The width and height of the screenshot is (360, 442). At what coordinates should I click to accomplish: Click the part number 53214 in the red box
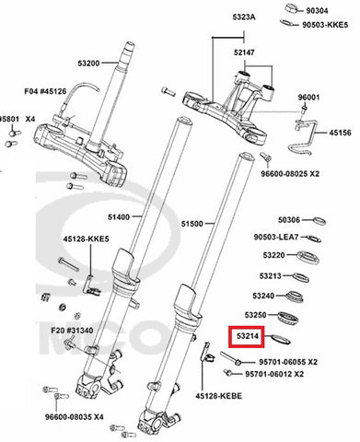tap(248, 336)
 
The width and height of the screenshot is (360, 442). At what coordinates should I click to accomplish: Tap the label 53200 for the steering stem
tap(88, 64)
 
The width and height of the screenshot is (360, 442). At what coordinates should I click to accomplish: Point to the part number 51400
tap(119, 217)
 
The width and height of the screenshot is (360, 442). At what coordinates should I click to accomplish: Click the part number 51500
tap(192, 224)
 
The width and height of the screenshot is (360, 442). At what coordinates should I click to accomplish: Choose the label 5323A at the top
tap(244, 17)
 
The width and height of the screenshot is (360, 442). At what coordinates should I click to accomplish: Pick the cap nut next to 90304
tap(293, 8)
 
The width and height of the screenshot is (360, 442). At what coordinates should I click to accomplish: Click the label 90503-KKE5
tap(325, 25)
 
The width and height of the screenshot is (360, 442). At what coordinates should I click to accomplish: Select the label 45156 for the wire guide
tap(341, 133)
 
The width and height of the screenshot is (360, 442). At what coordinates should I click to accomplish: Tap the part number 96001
tap(308, 98)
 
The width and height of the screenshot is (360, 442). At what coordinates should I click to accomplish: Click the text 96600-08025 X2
tap(290, 174)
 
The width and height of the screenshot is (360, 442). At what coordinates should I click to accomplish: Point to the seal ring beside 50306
tap(319, 221)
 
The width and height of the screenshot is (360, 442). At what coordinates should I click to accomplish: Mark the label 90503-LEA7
tap(276, 238)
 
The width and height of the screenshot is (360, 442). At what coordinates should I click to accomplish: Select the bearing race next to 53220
tap(308, 257)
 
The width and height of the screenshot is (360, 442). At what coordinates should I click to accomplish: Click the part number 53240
tap(263, 296)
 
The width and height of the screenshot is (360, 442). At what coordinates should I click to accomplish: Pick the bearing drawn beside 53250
tap(288, 318)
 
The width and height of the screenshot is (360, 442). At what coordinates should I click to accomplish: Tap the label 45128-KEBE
tap(219, 396)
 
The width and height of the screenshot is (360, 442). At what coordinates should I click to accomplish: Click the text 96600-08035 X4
tap(75, 417)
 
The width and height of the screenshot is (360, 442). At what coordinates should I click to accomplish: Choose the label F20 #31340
tap(72, 331)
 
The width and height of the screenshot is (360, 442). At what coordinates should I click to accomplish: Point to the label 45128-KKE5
tap(86, 238)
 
